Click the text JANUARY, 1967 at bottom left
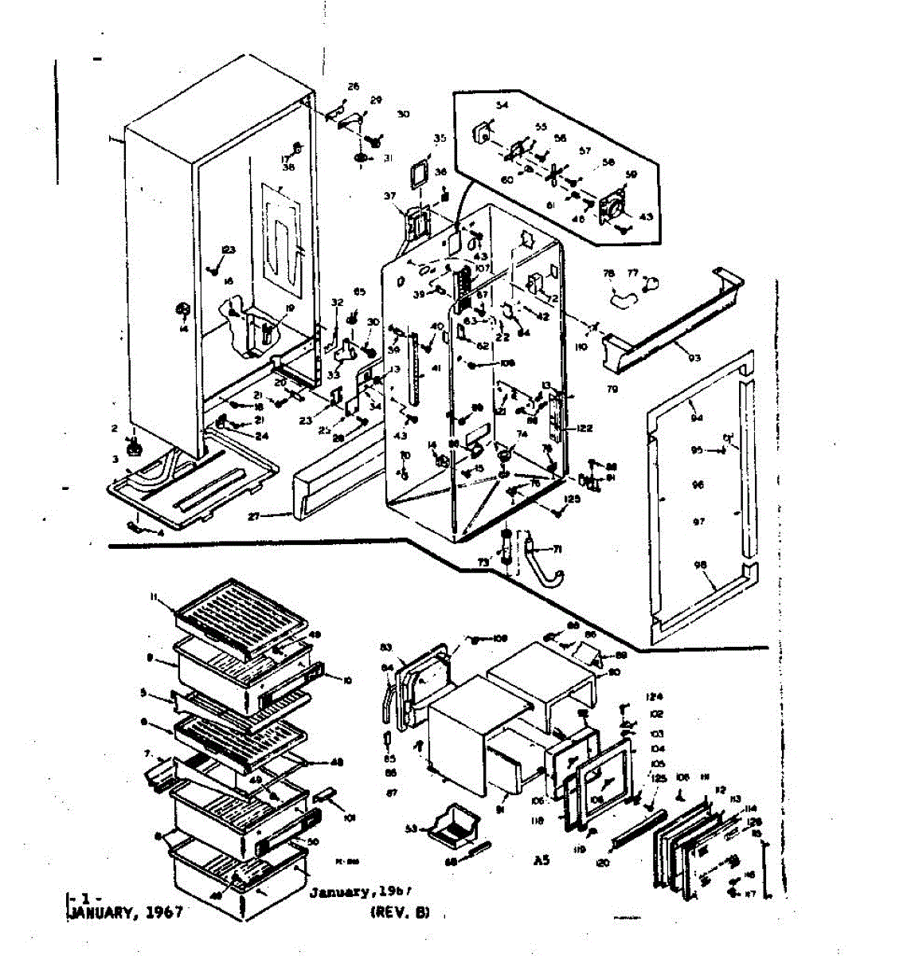tap(123, 913)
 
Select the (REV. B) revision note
tap(400, 913)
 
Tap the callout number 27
tap(254, 516)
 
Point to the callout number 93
tap(694, 358)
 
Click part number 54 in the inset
tap(502, 105)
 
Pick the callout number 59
tap(631, 174)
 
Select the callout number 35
tap(440, 138)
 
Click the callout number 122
tap(585, 429)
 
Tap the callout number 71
tap(557, 548)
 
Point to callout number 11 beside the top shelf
tap(153, 597)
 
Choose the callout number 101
tap(348, 817)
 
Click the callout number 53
tap(411, 829)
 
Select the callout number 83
tap(386, 646)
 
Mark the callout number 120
tap(602, 862)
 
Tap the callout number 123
tap(229, 250)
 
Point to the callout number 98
tap(700, 565)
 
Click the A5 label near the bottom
tap(542, 860)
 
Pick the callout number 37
tap(389, 196)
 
